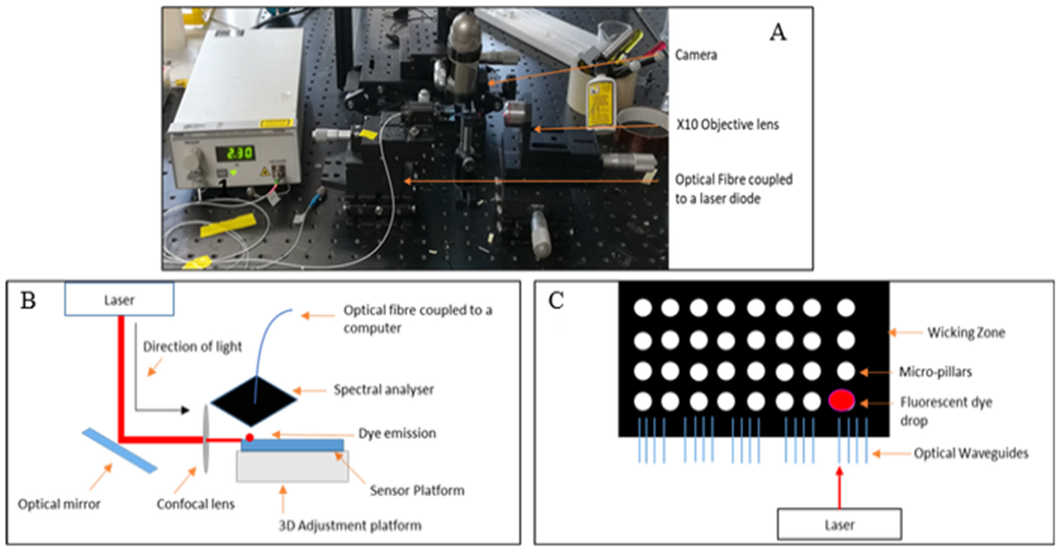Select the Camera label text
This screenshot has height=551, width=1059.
click(x=696, y=55)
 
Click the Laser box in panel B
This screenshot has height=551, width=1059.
click(x=119, y=300)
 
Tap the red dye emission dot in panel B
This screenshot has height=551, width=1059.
click(x=250, y=438)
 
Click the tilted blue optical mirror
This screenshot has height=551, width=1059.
click(x=119, y=451)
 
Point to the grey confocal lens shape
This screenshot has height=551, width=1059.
click(x=205, y=439)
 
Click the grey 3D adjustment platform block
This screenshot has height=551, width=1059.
click(x=292, y=467)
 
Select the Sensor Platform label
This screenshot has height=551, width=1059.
click(x=417, y=490)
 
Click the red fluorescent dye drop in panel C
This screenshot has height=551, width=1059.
click(x=841, y=401)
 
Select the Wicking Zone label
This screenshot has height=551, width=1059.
click(x=966, y=332)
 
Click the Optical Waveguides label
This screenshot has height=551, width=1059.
click(x=971, y=453)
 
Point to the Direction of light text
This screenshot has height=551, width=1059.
click(x=192, y=347)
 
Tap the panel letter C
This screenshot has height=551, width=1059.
click(x=556, y=301)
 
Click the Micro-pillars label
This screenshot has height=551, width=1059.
click(x=935, y=372)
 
